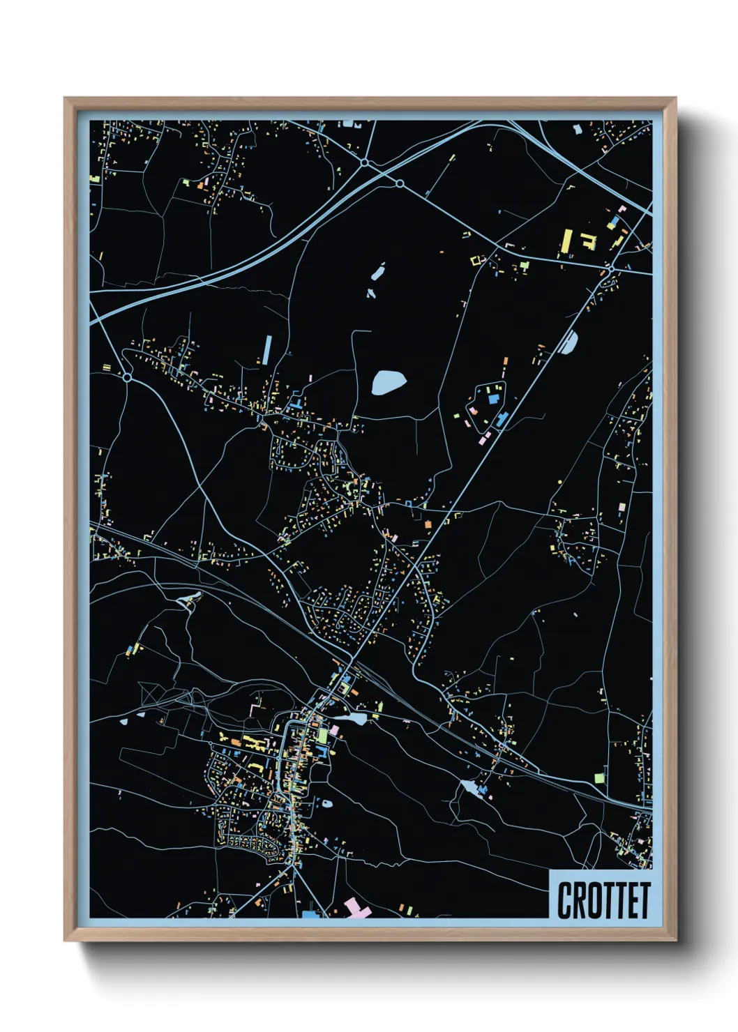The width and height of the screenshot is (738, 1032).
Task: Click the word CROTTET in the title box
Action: [x=603, y=900]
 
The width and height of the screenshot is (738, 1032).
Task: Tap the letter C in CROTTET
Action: [x=564, y=900]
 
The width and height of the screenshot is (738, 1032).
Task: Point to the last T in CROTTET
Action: [x=644, y=900]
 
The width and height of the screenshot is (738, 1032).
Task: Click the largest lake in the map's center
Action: [x=388, y=382]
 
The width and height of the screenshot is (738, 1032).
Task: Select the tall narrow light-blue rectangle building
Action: [x=266, y=349]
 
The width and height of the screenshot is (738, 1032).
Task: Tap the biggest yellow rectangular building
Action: [x=567, y=241]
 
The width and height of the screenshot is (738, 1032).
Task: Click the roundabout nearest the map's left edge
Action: [x=127, y=377]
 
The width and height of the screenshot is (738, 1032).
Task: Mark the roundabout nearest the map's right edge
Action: [x=611, y=268]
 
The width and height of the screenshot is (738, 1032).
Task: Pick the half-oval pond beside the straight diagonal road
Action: [x=570, y=342]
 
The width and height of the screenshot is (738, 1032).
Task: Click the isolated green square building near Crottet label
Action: [x=598, y=777]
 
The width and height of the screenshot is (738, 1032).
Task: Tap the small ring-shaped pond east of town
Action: [x=326, y=803]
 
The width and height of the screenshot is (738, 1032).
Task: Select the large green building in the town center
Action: [x=322, y=735]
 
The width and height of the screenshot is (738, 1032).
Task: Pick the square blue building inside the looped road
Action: [x=494, y=399]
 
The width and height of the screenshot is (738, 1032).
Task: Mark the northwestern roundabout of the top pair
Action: [x=365, y=162]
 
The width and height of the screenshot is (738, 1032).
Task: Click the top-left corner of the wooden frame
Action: [x=66, y=99]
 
